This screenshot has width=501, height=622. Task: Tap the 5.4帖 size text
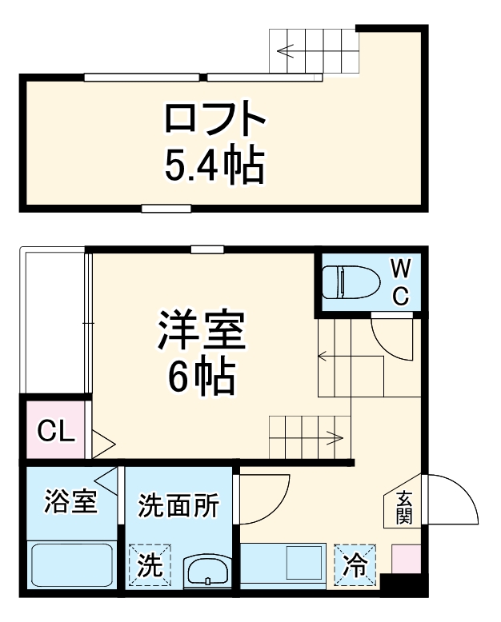[x=214, y=165]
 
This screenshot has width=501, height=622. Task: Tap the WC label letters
[x=400, y=281]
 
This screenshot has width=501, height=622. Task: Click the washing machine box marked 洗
[x=150, y=565]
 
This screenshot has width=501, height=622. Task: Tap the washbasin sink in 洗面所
[x=208, y=572]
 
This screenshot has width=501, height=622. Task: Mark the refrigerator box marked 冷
[x=355, y=565]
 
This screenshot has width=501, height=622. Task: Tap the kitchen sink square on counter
[x=303, y=564]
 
